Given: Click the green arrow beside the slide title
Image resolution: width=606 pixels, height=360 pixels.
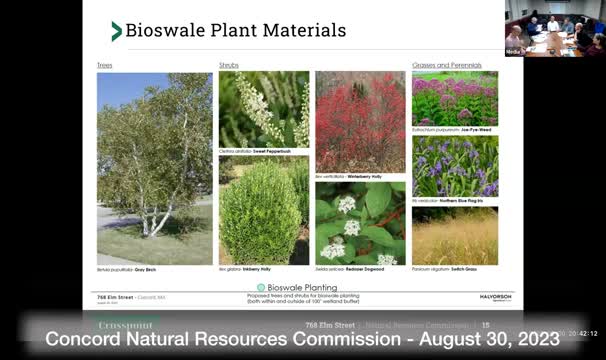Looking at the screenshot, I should click(117, 31).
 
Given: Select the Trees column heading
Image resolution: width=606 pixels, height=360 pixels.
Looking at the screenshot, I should click(105, 65).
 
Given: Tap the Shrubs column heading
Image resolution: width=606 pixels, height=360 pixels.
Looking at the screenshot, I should click(229, 65).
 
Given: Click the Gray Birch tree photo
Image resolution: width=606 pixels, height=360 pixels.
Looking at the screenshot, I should click(154, 154).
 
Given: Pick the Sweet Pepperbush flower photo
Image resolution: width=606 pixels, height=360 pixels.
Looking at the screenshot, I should click(264, 108).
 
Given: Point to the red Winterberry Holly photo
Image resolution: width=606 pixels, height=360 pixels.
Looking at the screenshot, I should click(360, 120).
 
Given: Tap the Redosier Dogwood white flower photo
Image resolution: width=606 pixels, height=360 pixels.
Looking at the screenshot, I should click(360, 222).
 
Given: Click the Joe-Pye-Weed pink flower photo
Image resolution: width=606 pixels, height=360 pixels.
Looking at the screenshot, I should click(454, 97).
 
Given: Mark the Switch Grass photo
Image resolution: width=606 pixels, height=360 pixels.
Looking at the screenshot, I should click(454, 235).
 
